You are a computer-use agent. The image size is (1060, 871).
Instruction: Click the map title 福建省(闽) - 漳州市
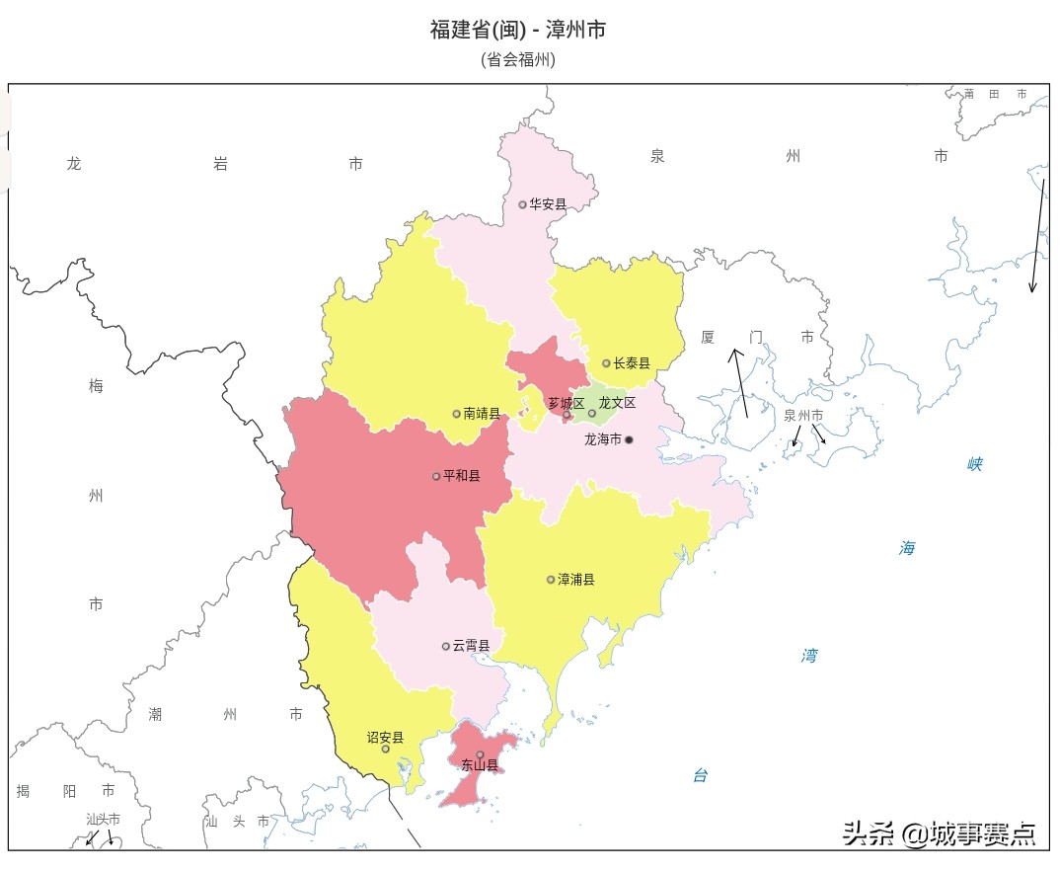click(517, 30)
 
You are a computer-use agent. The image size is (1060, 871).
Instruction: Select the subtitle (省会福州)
click(517, 60)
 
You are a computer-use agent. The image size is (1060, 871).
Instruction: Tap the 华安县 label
click(548, 204)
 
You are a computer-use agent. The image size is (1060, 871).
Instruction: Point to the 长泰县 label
click(632, 363)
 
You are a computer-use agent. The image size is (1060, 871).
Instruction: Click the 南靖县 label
click(482, 414)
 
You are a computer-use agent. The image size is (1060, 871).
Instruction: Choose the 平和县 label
click(462, 476)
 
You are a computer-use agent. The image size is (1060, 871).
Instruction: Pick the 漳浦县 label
click(576, 580)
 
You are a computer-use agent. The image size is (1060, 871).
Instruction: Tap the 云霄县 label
click(471, 646)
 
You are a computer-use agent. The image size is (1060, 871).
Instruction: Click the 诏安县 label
click(385, 737)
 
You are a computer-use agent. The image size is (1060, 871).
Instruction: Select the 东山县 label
click(480, 765)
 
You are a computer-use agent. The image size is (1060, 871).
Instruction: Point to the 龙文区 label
click(617, 403)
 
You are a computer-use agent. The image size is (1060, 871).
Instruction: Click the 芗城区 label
click(567, 403)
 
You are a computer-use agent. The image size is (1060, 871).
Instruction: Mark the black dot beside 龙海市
click(629, 439)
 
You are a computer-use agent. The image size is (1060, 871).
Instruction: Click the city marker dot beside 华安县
click(523, 204)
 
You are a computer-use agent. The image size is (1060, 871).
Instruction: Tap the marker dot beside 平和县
click(436, 476)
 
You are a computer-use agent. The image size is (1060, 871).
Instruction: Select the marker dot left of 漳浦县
click(551, 580)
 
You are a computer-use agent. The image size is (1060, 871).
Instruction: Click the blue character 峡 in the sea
click(975, 464)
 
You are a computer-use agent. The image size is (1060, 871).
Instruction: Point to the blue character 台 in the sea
click(700, 776)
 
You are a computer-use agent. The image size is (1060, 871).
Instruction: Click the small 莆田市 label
click(995, 94)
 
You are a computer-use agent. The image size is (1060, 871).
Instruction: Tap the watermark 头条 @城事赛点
click(939, 834)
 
